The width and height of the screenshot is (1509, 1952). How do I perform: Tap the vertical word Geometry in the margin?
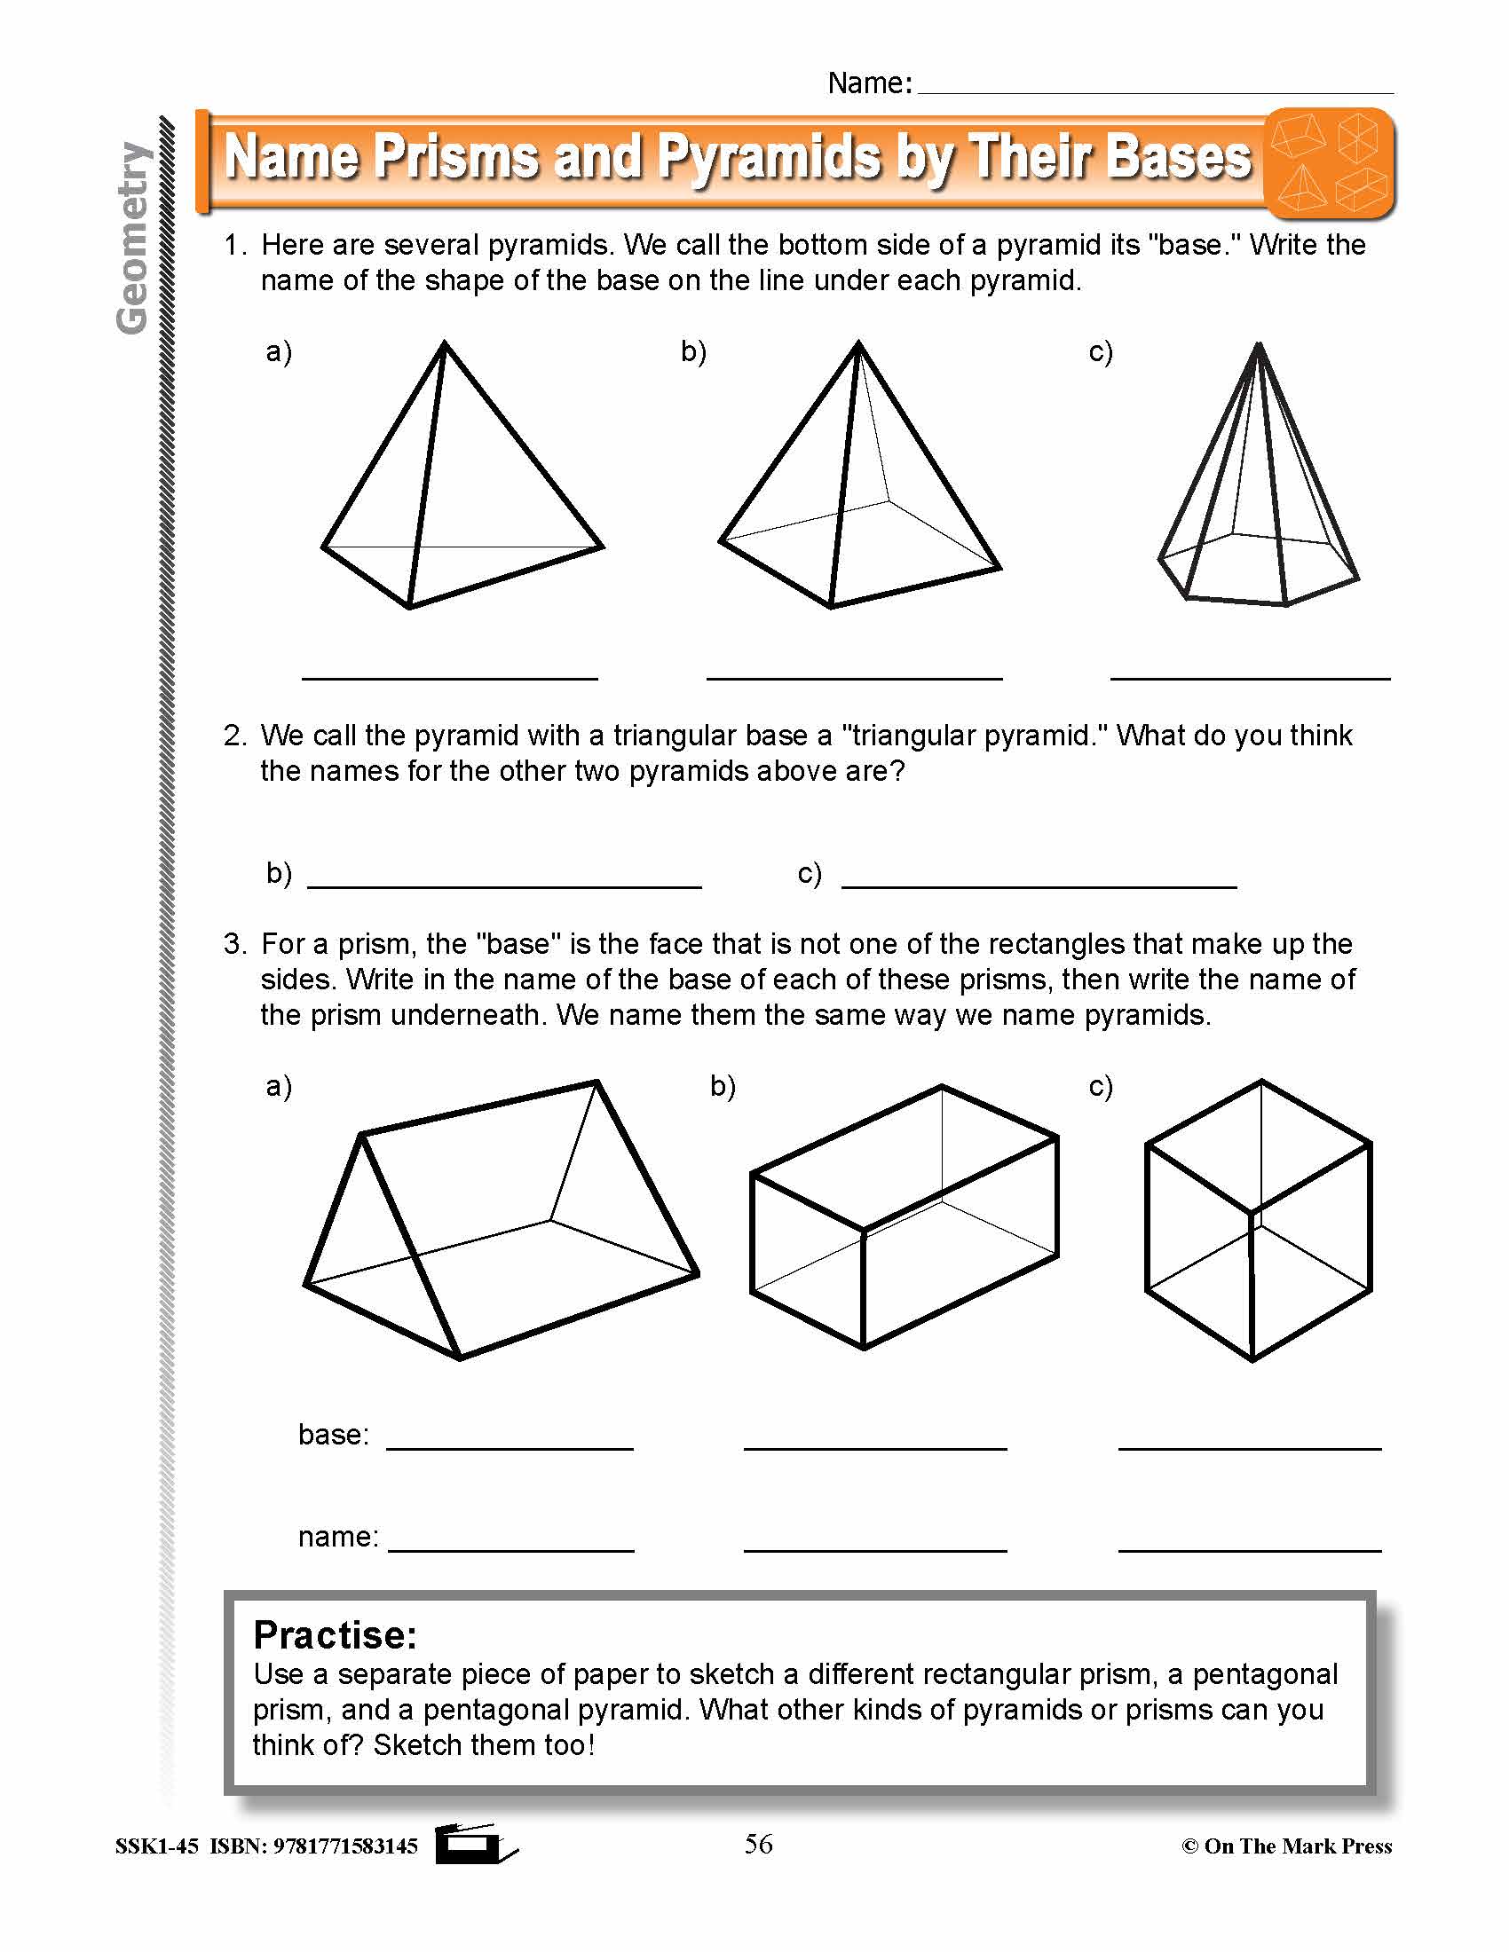point(132,238)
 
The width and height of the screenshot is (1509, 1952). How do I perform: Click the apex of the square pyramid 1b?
point(858,343)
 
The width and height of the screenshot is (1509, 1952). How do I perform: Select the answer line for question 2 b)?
point(504,885)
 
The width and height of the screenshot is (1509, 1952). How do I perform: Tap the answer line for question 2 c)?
point(1039,885)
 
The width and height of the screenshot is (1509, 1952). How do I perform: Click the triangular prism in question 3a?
point(501,1224)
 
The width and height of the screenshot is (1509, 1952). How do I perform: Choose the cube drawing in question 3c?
point(1258,1220)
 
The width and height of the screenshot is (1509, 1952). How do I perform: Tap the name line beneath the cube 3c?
point(1250,1548)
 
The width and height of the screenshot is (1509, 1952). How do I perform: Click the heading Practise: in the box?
point(336,1635)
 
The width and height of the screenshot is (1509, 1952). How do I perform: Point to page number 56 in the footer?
point(758,1844)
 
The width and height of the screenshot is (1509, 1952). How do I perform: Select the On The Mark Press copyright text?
point(1287,1846)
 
